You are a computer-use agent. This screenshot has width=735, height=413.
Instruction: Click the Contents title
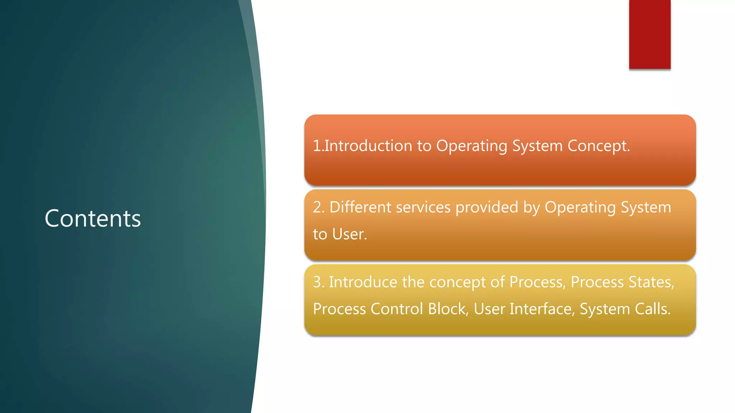pyautogui.click(x=93, y=218)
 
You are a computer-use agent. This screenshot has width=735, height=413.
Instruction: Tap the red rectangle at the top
pyautogui.click(x=650, y=34)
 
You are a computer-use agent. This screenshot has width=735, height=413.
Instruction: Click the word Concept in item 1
pyautogui.click(x=598, y=146)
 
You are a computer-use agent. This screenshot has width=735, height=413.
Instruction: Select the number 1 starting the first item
pyautogui.click(x=317, y=146)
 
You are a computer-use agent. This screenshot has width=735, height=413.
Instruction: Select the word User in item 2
pyautogui.click(x=349, y=234)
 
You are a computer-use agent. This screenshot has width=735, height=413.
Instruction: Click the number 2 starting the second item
pyautogui.click(x=317, y=207)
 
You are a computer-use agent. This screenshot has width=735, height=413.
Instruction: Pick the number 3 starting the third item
pyautogui.click(x=317, y=282)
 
